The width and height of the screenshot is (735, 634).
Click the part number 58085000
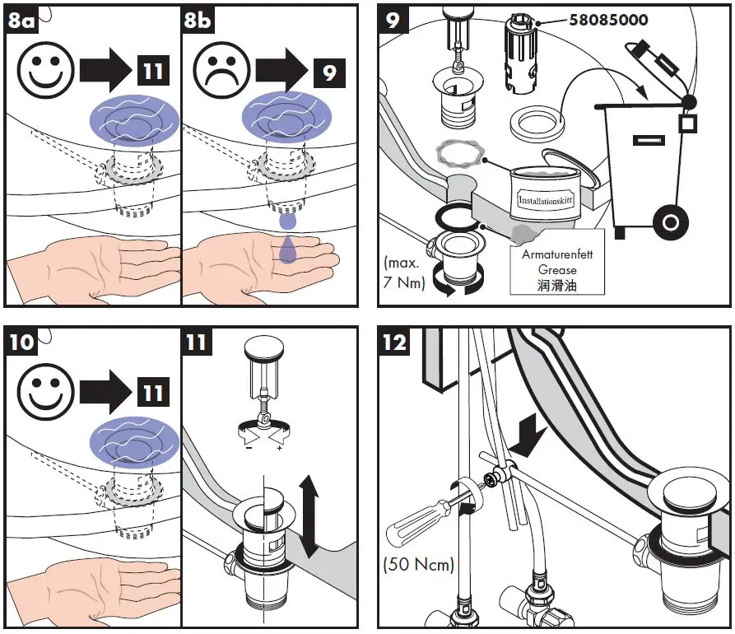pyautogui.click(x=608, y=20)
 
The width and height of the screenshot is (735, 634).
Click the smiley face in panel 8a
pyautogui.click(x=46, y=70)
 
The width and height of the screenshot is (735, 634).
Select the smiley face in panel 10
pyautogui.click(x=46, y=392)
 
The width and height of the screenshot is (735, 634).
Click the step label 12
pyautogui.click(x=394, y=343)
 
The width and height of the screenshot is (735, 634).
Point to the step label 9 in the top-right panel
pyautogui.click(x=393, y=21)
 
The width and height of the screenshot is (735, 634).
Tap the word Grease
pyautogui.click(x=557, y=269)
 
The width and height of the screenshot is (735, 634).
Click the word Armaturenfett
pyautogui.click(x=557, y=254)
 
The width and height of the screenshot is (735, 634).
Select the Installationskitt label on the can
pyautogui.click(x=545, y=201)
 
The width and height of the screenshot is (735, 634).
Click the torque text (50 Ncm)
pyautogui.click(x=419, y=564)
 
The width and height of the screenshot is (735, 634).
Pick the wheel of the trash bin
pyautogui.click(x=670, y=221)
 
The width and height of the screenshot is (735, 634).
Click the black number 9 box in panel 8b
pyautogui.click(x=329, y=72)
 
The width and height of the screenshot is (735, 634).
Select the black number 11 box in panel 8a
pyautogui.click(x=153, y=71)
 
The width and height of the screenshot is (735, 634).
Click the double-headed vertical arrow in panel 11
pyautogui.click(x=309, y=516)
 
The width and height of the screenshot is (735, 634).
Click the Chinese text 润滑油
pyautogui.click(x=557, y=285)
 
